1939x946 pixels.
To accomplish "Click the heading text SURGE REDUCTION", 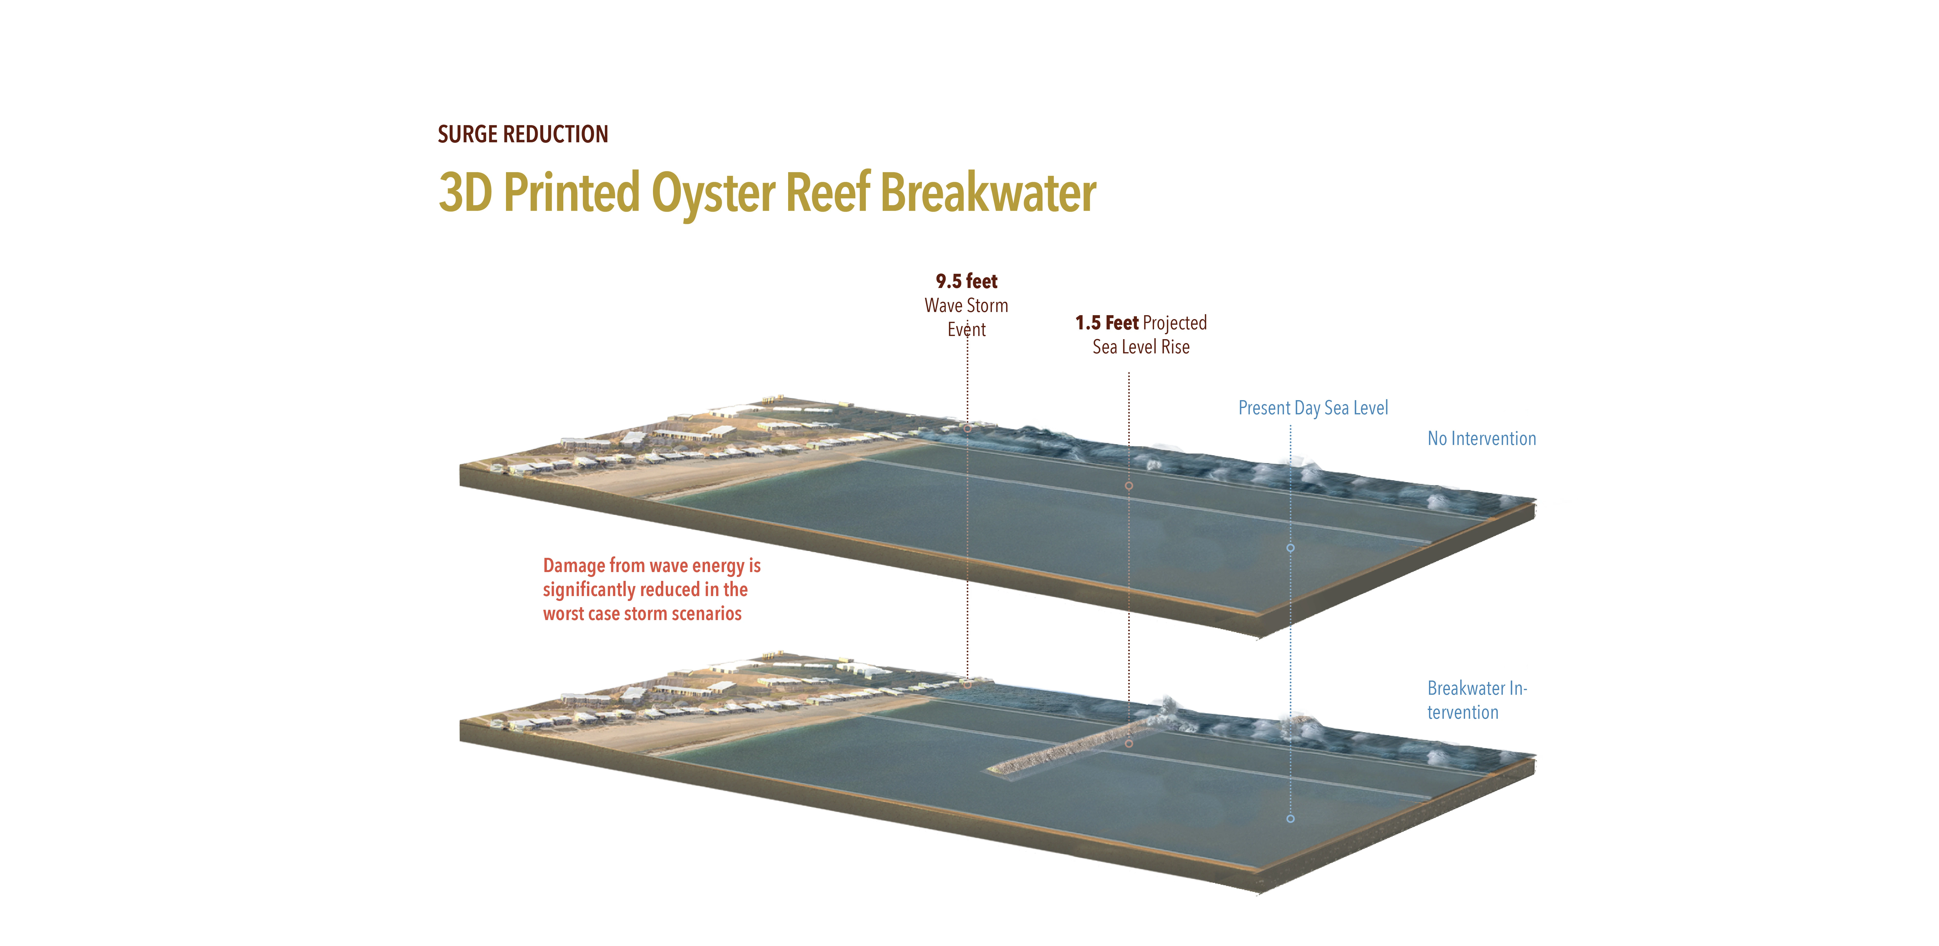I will point(522,134).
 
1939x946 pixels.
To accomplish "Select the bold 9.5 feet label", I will point(966,281).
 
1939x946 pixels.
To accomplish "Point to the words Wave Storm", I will point(966,306).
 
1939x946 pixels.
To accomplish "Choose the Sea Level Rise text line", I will point(1141,347).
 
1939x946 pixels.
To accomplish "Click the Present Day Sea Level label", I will point(1313,408).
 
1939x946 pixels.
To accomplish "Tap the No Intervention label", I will point(1481,439).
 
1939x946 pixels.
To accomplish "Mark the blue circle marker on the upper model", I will point(1290,548).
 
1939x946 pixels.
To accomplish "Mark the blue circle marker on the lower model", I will point(1290,818).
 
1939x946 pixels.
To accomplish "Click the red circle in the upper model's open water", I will point(1128,486).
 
